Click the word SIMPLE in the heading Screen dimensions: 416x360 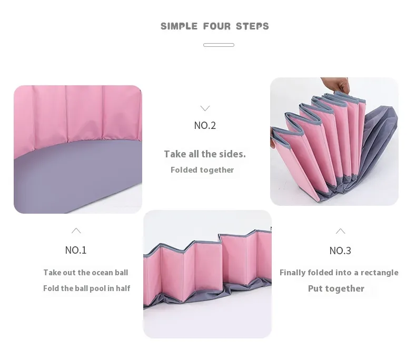tap(179, 26)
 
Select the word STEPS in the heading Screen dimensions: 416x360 tap(252, 26)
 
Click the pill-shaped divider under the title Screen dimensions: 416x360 tap(219, 45)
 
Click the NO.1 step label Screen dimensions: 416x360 tap(76, 250)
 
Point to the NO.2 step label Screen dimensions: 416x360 tap(205, 125)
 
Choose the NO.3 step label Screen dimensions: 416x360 tap(340, 251)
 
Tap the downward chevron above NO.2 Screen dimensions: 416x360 tap(205, 108)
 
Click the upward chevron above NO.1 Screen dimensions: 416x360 tap(76, 231)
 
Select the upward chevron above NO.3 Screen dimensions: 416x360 tap(340, 231)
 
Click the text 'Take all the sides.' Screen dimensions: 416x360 tap(205, 154)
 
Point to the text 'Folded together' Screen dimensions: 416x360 tap(202, 170)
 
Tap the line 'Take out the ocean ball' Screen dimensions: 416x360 tap(86, 273)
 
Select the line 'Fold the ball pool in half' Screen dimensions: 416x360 tap(86, 288)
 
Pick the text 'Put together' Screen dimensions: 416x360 tap(336, 288)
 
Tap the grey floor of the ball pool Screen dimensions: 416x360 tap(74, 175)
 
